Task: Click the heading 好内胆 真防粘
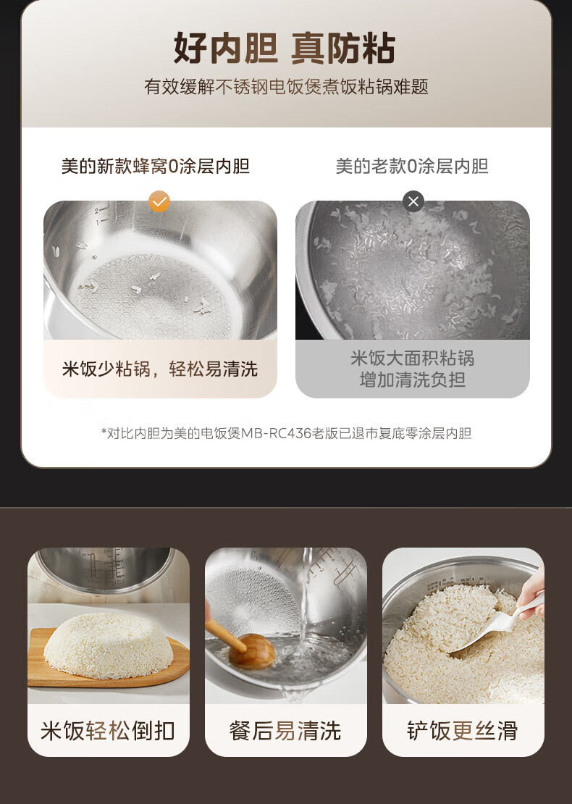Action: click(285, 49)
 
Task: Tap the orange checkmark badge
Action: click(159, 201)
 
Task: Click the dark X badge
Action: click(413, 201)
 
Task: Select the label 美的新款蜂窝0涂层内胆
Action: click(155, 166)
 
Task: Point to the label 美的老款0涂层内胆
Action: click(412, 166)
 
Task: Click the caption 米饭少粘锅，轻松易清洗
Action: click(160, 369)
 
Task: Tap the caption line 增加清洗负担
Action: click(413, 380)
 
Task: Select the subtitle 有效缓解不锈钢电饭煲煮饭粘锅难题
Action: click(286, 87)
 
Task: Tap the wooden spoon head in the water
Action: click(252, 652)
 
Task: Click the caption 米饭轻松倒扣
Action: click(108, 731)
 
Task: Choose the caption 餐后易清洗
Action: click(285, 731)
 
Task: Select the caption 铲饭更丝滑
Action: click(463, 731)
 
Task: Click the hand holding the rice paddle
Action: click(532, 594)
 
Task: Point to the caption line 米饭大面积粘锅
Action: click(413, 358)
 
